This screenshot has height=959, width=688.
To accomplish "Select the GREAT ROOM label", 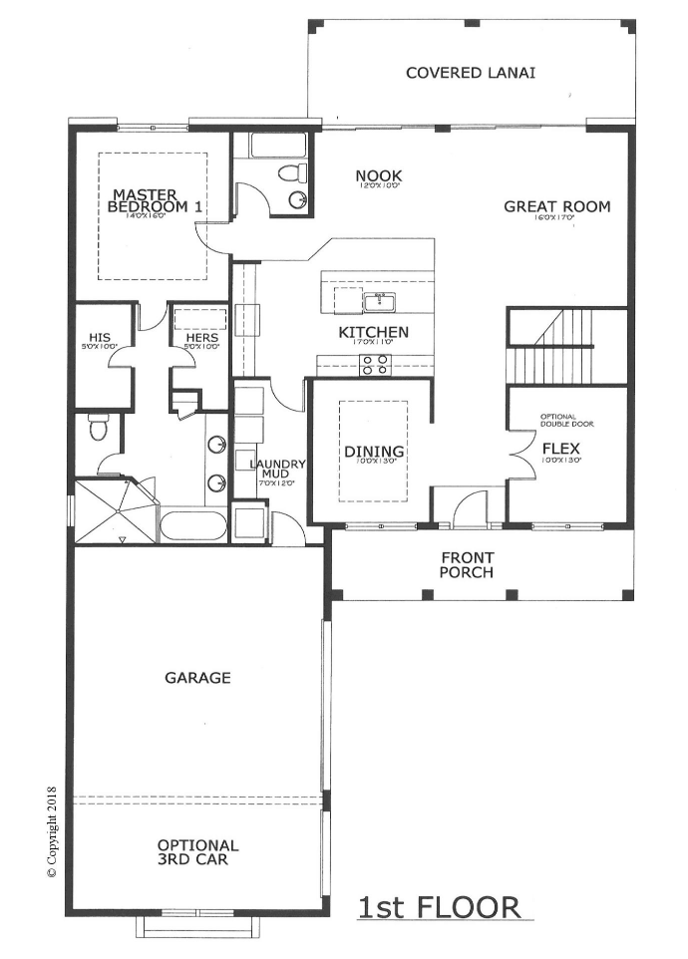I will tap(556, 207).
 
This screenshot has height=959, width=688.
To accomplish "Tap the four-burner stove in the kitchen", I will tap(374, 365).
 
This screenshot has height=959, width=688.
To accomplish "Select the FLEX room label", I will tap(561, 448).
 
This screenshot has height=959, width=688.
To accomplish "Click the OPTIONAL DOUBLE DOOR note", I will tap(566, 420).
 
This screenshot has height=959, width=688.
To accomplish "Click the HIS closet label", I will tap(100, 338).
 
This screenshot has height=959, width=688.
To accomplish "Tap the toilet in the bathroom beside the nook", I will tap(292, 174).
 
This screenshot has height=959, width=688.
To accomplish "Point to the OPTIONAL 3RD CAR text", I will tap(197, 850).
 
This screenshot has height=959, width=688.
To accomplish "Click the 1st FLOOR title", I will tap(439, 907).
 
